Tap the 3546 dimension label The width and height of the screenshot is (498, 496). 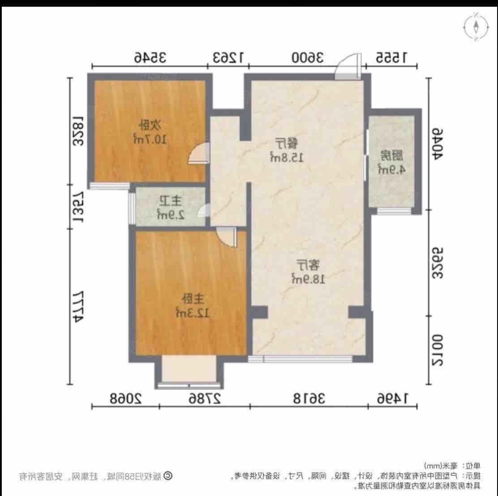coord(150,57)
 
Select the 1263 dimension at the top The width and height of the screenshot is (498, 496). coord(228,57)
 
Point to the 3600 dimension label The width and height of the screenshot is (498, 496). coord(308,57)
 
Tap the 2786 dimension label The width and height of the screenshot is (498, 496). coord(205,397)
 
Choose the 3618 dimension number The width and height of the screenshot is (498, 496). coord(309,397)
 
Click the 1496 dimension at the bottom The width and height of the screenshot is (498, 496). coord(392,397)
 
